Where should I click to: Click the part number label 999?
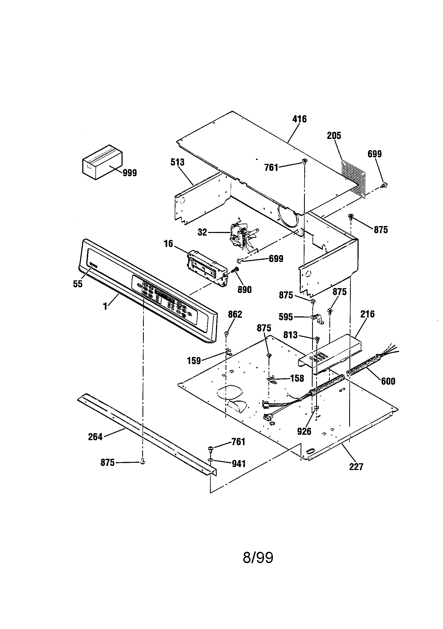pyautogui.click(x=130, y=173)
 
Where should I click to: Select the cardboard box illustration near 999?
pyautogui.click(x=102, y=162)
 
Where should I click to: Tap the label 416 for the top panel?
pyautogui.click(x=299, y=119)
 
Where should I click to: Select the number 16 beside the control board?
pyautogui.click(x=168, y=243)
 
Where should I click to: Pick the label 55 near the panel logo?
pyautogui.click(x=77, y=284)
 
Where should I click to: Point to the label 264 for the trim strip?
pyautogui.click(x=95, y=437)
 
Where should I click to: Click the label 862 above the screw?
pyautogui.click(x=235, y=315)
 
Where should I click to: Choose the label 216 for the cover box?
pyautogui.click(x=367, y=314)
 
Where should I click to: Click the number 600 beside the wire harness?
pyautogui.click(x=388, y=381)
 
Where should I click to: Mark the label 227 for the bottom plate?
pyautogui.click(x=356, y=467)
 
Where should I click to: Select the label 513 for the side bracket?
pyautogui.click(x=177, y=162)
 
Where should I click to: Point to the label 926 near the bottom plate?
pyautogui.click(x=304, y=432)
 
